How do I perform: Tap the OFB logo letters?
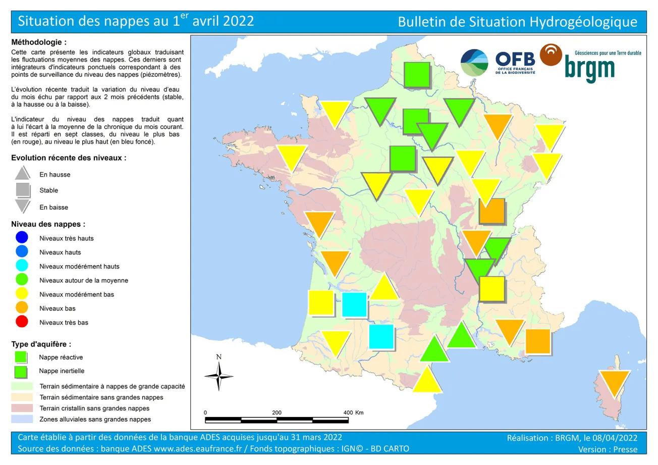pos(515,59)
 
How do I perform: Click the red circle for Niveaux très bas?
pos(22,322)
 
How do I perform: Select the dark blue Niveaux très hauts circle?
pos(22,238)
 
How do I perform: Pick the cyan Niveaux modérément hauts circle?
pos(22,266)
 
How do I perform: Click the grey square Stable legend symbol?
pos(23,190)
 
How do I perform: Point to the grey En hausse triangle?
pos(23,173)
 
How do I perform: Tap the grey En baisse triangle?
pos(23,206)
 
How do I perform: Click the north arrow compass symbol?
pos(219,376)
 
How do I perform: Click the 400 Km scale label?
pos(354,412)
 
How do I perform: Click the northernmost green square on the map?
pos(417,75)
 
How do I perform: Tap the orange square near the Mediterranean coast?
pos(537,341)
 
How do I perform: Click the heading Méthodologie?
pos(39,42)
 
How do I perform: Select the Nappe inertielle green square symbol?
pos(21,371)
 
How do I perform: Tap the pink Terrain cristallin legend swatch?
pos(22,408)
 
